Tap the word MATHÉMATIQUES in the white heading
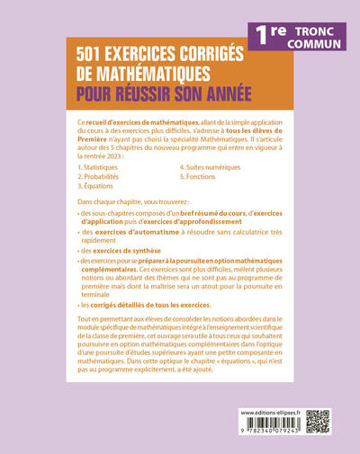(x=148, y=76)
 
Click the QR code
(x=318, y=422)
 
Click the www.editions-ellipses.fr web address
(x=271, y=411)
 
